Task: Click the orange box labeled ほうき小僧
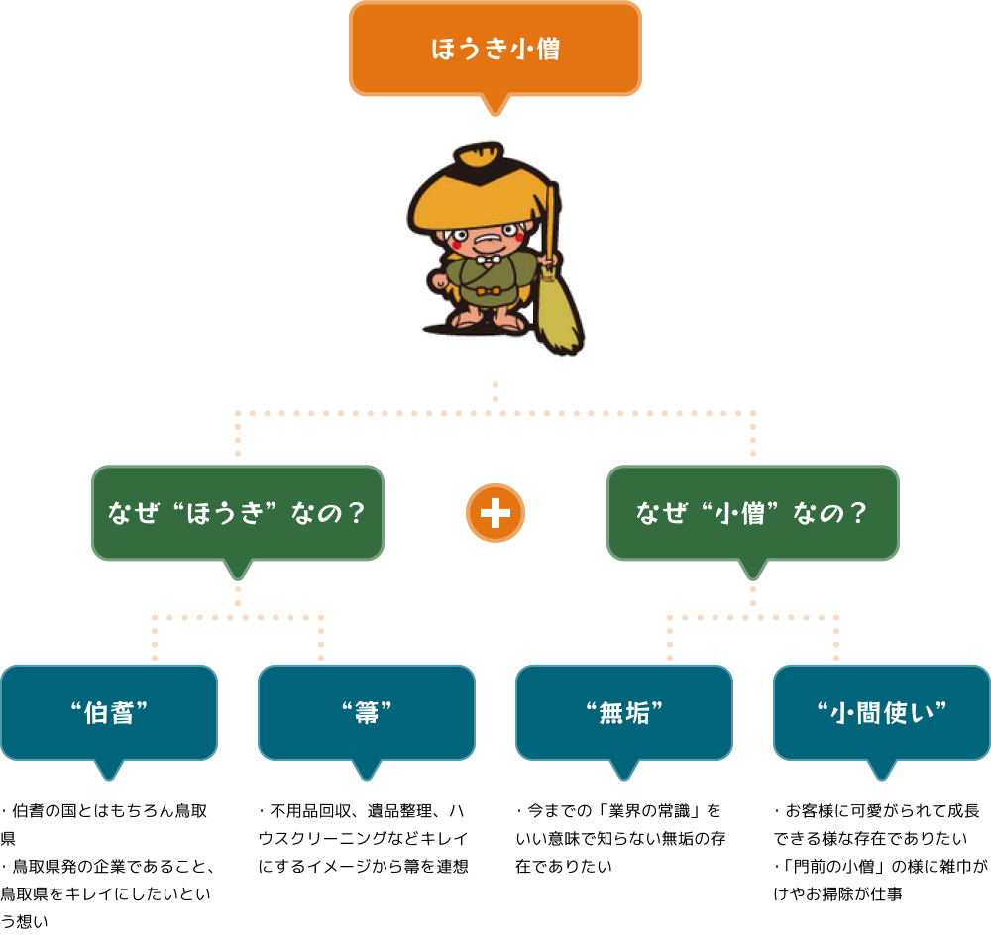pos(495,49)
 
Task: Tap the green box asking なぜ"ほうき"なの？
pos(238,513)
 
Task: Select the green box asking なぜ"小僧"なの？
pos(753,513)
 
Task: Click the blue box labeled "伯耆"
pos(109,712)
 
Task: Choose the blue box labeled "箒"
pos(367,712)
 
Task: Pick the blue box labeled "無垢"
pos(624,712)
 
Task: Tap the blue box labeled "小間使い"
pos(882,712)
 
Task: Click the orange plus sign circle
pos(495,513)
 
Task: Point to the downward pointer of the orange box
pos(495,105)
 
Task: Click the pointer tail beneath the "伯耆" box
pos(109,770)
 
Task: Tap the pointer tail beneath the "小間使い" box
pos(882,770)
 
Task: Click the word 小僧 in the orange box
pos(535,49)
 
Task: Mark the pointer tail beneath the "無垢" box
pos(624,770)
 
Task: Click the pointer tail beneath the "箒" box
pos(367,770)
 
